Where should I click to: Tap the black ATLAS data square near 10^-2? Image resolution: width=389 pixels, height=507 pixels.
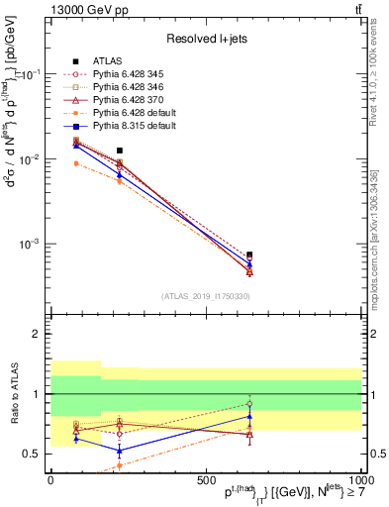(x=120, y=151)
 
